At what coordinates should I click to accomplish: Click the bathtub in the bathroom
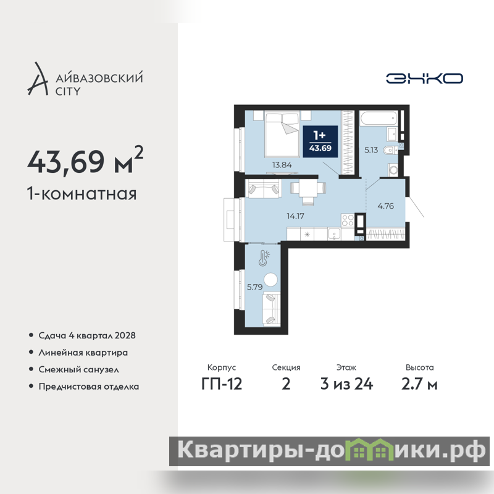click(x=378, y=118)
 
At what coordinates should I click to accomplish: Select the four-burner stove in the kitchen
click(x=348, y=220)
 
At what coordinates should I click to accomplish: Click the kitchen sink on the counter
click(x=334, y=234)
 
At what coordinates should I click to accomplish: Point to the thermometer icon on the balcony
click(x=264, y=258)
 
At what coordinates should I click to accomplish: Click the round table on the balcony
click(x=270, y=280)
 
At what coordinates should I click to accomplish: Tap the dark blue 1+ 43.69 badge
click(x=320, y=141)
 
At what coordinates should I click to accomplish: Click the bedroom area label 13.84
click(x=282, y=165)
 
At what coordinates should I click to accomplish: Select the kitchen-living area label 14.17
click(x=295, y=216)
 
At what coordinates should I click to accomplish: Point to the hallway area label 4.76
click(x=385, y=206)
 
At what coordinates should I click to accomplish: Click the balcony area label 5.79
click(x=254, y=287)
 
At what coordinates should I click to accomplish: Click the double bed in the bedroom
click(x=282, y=135)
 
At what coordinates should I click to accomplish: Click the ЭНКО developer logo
click(x=424, y=78)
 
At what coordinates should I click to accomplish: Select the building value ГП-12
click(x=222, y=384)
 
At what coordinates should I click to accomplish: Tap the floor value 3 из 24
click(x=346, y=384)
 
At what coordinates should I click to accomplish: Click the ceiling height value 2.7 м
click(x=419, y=384)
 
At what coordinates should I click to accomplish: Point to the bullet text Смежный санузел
click(x=79, y=369)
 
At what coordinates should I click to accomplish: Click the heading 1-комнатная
click(x=82, y=193)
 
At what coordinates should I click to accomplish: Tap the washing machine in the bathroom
click(x=393, y=170)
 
